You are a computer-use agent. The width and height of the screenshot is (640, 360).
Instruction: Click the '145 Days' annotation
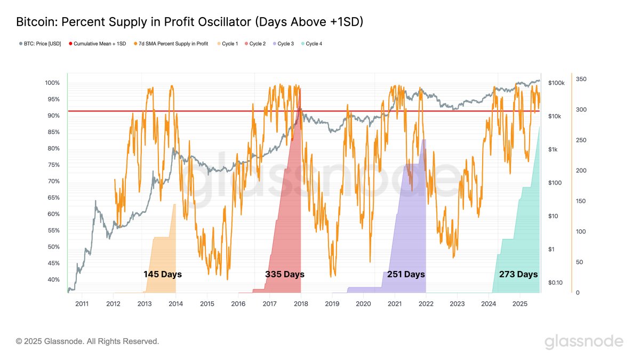click(162, 274)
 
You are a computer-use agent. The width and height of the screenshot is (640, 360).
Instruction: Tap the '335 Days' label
click(284, 274)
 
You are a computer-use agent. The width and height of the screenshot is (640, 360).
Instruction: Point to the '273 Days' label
click(518, 274)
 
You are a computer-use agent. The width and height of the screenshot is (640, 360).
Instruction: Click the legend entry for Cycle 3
click(285, 44)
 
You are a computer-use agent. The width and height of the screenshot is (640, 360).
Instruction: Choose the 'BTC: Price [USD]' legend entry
click(42, 44)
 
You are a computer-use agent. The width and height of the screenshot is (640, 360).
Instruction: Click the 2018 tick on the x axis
click(300, 303)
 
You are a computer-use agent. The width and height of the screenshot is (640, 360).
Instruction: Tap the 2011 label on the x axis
click(82, 303)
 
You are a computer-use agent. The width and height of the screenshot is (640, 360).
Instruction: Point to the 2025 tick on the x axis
click(519, 303)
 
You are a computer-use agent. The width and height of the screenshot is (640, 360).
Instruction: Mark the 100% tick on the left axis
click(52, 83)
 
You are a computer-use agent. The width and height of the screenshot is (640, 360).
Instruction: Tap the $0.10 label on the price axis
click(555, 283)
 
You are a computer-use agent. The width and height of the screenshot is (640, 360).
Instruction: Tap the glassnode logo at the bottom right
click(583, 341)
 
